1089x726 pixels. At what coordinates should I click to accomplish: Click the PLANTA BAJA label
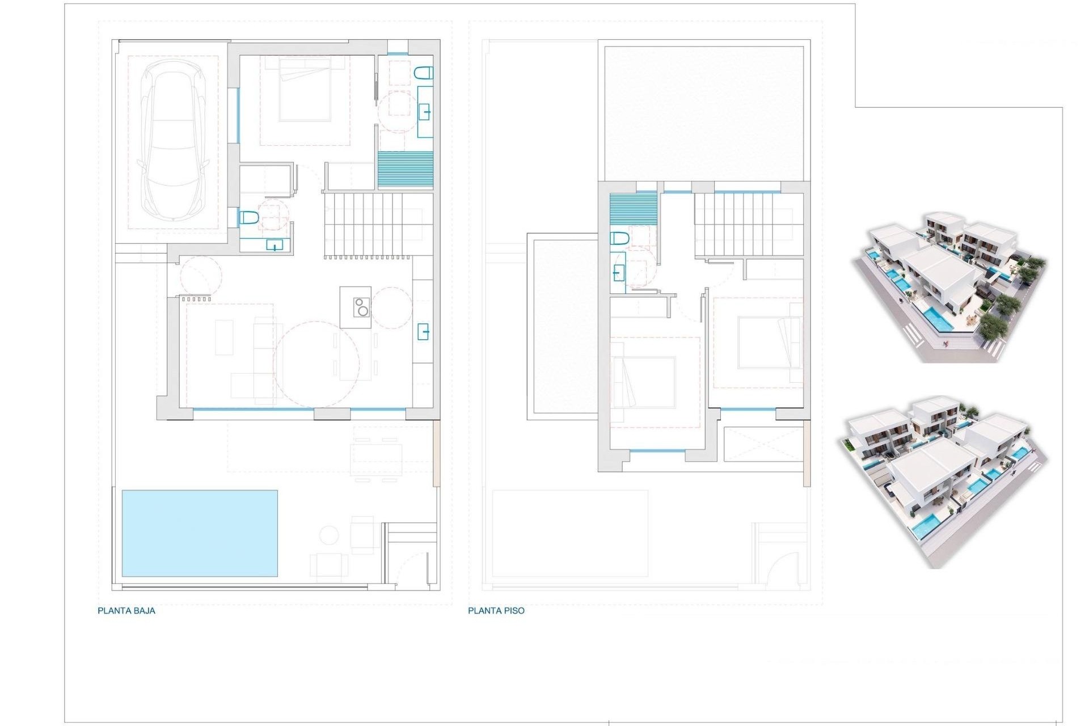[126, 611]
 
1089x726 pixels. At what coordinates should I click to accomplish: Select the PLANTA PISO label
[496, 611]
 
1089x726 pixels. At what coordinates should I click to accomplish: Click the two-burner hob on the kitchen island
[361, 307]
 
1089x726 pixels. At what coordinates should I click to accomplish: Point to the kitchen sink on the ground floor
[423, 331]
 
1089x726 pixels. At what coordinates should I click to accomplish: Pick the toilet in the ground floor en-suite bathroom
[424, 73]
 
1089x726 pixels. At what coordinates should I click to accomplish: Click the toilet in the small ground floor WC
[248, 217]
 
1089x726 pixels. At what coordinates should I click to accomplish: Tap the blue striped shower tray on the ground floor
[405, 170]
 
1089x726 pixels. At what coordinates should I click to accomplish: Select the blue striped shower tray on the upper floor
[633, 210]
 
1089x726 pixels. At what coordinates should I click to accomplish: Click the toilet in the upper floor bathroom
[619, 238]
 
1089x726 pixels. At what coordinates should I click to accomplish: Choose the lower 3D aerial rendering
[942, 481]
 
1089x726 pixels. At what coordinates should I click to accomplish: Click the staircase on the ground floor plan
[373, 225]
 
